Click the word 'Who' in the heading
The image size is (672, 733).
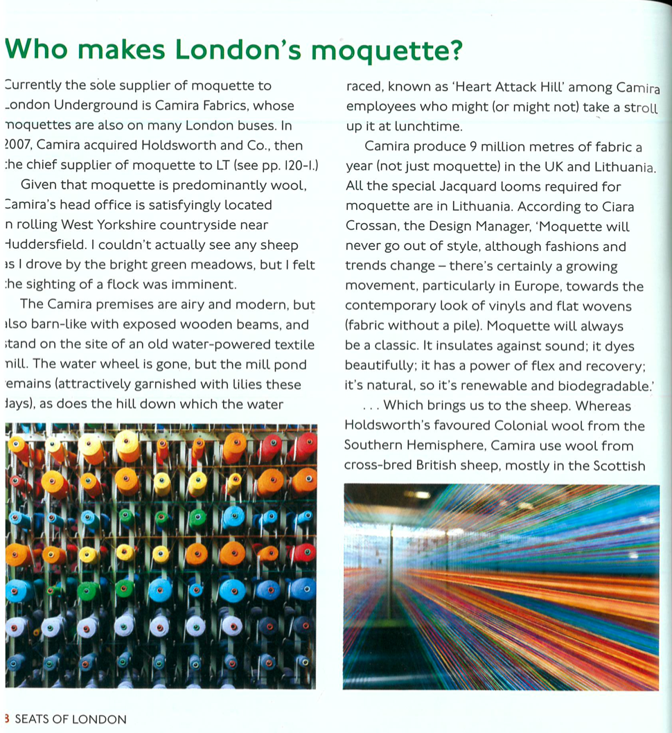36,50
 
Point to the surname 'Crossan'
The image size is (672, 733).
372,227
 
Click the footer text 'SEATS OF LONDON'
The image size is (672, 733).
70,719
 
